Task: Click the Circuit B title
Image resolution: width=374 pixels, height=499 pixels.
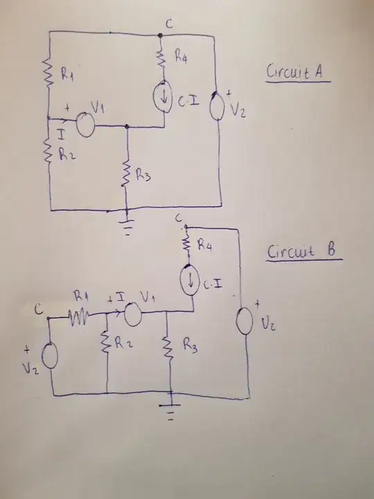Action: (x=305, y=252)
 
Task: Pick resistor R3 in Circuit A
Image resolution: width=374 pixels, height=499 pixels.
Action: (x=127, y=174)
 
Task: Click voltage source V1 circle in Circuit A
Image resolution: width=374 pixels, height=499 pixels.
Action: (x=85, y=124)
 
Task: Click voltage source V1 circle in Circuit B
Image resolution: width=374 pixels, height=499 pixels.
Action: (x=132, y=314)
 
